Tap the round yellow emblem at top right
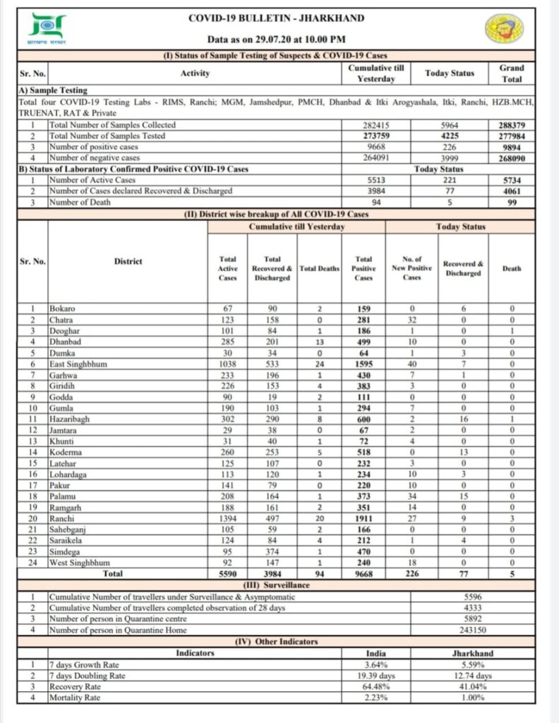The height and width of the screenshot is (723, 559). pos(504,32)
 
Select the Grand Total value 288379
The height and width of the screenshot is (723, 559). pos(512,124)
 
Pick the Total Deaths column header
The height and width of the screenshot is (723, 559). pos(319,268)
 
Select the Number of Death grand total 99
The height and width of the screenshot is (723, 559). pos(512,202)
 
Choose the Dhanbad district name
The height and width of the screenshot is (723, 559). pos(65,342)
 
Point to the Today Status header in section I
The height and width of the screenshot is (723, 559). pos(450,73)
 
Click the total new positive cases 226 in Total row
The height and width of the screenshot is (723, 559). pos(411,574)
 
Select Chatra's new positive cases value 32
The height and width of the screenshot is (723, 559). pos(411,320)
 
